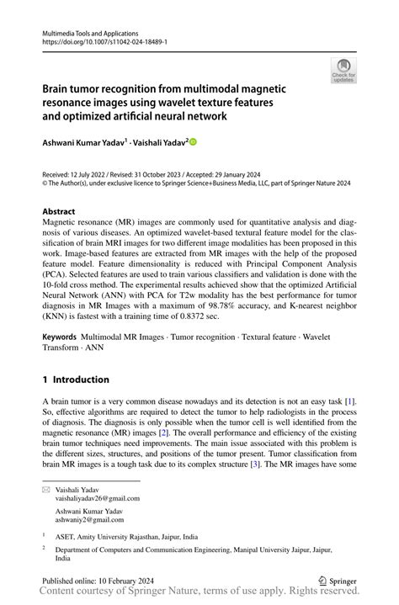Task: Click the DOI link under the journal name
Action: (x=99, y=40)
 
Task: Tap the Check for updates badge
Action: (x=343, y=71)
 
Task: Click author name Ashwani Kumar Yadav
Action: (x=82, y=143)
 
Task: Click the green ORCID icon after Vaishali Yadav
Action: (x=192, y=143)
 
